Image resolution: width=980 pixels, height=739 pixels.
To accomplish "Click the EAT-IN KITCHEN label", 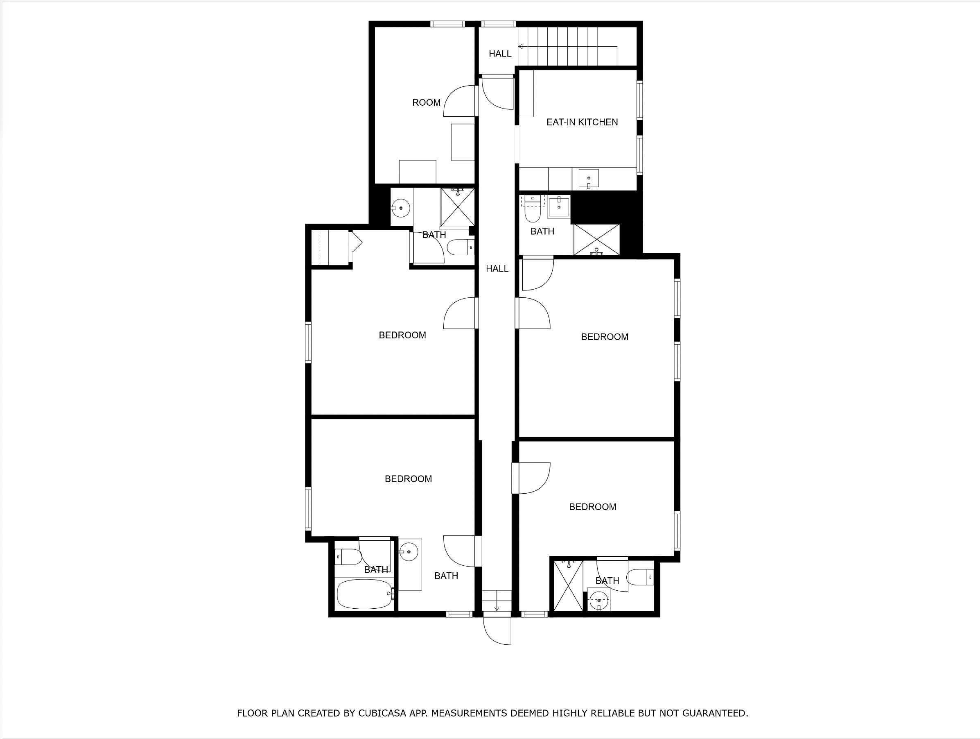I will (582, 122).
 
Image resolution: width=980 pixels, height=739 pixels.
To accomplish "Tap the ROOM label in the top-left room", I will (426, 103).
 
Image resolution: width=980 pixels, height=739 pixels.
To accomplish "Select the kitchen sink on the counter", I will (588, 179).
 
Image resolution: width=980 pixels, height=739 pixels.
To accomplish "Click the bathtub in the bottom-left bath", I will (365, 594).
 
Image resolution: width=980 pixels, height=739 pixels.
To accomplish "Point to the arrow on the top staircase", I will (521, 47).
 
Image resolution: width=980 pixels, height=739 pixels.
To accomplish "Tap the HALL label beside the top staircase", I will (500, 54).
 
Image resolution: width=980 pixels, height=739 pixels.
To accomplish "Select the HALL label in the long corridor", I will (497, 269).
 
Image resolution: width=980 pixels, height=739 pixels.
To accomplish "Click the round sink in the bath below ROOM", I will (401, 207).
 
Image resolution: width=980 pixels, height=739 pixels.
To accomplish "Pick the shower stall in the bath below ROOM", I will (457, 207).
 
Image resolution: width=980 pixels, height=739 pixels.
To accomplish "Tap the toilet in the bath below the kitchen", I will (532, 213).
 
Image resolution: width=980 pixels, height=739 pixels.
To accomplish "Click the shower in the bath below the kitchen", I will (596, 240).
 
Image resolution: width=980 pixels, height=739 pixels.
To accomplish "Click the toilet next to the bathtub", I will (348, 557).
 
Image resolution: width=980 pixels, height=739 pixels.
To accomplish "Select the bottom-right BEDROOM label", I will (592, 507).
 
